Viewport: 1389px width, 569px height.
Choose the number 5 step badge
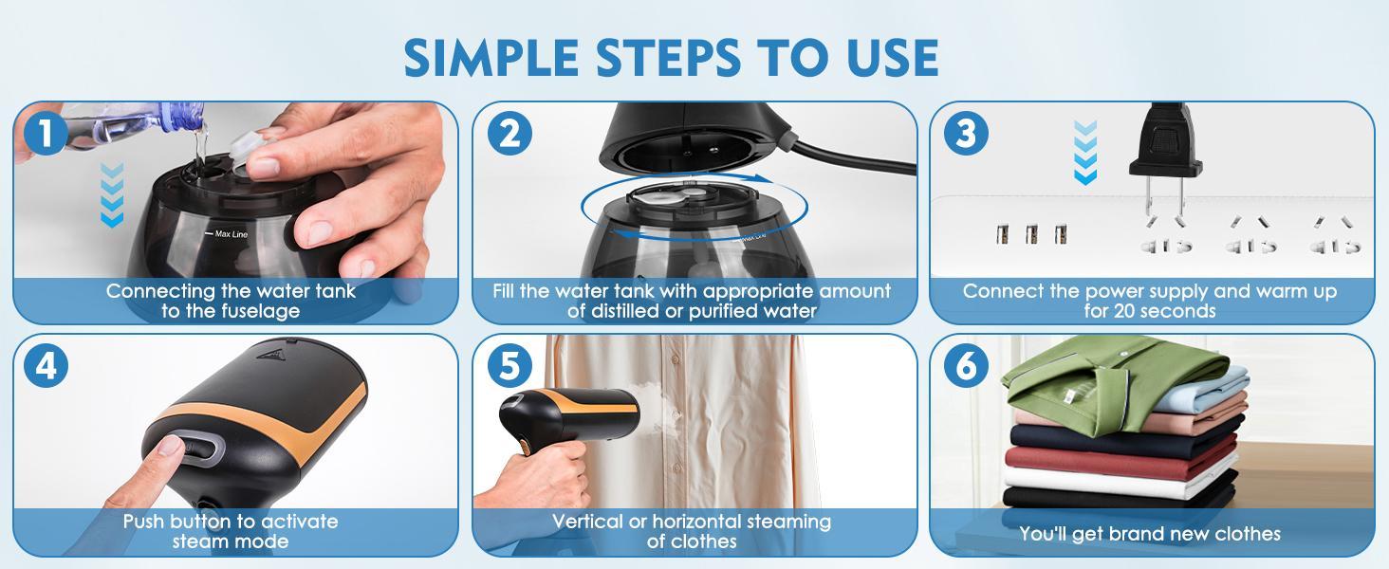coord(509,366)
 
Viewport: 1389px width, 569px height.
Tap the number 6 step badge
coord(966,366)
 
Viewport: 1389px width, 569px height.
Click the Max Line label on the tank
coord(231,233)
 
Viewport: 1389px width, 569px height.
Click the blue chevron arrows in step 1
coord(112,195)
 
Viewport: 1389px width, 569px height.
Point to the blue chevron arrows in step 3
coord(1085,152)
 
